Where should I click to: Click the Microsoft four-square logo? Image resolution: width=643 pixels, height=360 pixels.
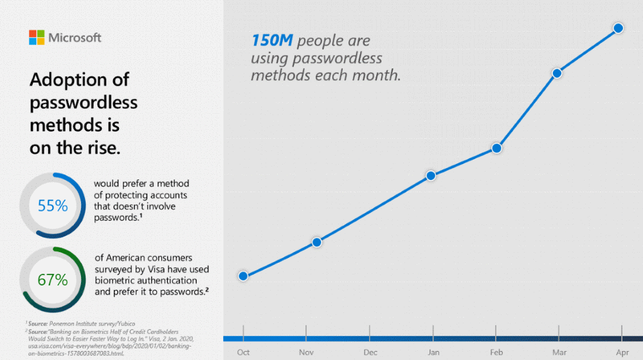pyautogui.click(x=37, y=37)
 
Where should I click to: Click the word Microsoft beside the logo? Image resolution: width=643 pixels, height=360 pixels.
pyautogui.click(x=75, y=38)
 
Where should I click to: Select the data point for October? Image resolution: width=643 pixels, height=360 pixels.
pyautogui.click(x=243, y=276)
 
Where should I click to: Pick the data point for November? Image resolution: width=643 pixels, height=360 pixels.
pyautogui.click(x=317, y=242)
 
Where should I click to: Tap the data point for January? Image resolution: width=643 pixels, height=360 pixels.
pyautogui.click(x=431, y=175)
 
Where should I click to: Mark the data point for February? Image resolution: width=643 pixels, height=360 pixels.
pyautogui.click(x=496, y=148)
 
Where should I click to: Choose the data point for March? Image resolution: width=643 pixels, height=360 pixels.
pyautogui.click(x=557, y=73)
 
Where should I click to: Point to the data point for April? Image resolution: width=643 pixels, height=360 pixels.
pyautogui.click(x=618, y=28)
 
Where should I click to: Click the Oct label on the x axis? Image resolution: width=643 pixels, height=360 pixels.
pyautogui.click(x=243, y=352)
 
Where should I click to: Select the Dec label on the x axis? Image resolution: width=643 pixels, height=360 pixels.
pyautogui.click(x=370, y=352)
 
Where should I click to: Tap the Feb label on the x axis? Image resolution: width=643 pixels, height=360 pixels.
pyautogui.click(x=496, y=352)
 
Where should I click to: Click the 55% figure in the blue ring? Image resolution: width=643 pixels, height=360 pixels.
pyautogui.click(x=53, y=206)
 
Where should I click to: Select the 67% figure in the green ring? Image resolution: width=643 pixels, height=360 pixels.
pyautogui.click(x=53, y=280)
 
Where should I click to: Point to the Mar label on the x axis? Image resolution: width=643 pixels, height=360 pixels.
pyautogui.click(x=558, y=352)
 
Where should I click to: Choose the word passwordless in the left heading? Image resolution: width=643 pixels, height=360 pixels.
pyautogui.click(x=84, y=102)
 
